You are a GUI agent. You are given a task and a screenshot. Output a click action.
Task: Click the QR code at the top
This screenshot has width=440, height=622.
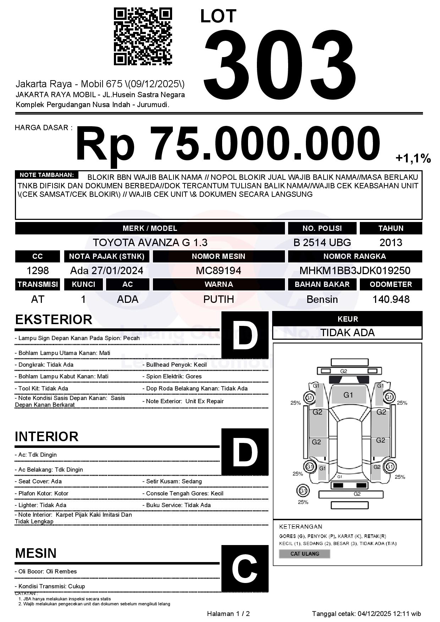coord(143,37)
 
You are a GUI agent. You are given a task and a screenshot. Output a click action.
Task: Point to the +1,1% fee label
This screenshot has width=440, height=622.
coord(413,159)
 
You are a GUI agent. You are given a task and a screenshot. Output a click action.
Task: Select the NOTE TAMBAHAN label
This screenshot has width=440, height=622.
coord(46,175)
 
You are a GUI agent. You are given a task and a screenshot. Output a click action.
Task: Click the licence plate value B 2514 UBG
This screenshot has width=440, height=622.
coord(322,243)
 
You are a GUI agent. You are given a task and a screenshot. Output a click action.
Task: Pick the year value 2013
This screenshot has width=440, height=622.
coord(391,243)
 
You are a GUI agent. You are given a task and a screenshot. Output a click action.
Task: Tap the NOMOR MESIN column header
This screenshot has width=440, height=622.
coord(219,256)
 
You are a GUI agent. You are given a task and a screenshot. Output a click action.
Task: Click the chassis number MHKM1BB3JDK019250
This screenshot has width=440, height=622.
coord(355,271)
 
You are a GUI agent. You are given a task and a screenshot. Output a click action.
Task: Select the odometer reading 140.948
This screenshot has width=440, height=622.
coord(391,299)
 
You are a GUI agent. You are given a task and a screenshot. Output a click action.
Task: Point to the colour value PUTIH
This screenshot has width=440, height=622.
coord(219,299)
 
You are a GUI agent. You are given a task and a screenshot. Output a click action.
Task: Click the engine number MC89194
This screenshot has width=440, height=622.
coord(219,271)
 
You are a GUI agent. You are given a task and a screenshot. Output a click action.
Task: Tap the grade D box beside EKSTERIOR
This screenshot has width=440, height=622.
coord(245,335)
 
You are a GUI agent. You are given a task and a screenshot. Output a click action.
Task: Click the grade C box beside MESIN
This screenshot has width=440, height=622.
coord(245,568)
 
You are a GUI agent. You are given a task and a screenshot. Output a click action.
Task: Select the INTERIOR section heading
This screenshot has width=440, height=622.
coord(46,437)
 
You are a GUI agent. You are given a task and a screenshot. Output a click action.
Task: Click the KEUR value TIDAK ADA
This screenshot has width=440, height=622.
coord(347,333)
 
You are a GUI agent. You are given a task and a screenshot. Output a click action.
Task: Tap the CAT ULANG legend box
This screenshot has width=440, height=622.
coord(304,554)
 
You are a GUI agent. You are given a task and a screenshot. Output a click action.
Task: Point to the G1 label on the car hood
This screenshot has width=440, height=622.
coord(348,395)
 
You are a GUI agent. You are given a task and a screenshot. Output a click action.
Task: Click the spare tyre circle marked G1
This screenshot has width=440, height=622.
coord(303,491)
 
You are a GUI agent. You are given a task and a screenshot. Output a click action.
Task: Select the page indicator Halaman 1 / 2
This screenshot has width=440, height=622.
coord(228,614)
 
